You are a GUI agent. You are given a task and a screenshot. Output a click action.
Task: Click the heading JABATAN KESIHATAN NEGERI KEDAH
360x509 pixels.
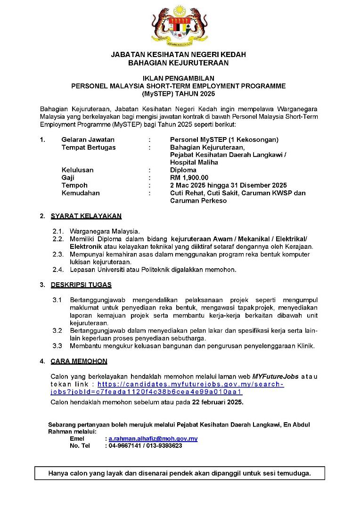tap(178, 55)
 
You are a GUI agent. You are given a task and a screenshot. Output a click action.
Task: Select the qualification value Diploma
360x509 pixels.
tap(183, 170)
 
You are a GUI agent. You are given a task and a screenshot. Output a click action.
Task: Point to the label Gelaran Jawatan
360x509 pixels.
tap(88, 140)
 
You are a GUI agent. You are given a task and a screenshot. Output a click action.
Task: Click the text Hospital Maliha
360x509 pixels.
tap(194, 162)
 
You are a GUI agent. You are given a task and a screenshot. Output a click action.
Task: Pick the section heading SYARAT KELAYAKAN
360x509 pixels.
tap(86, 216)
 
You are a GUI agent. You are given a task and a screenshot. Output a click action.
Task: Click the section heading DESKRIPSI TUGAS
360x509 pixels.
tap(81, 285)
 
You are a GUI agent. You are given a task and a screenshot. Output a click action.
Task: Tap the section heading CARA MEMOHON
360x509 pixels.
tap(79, 361)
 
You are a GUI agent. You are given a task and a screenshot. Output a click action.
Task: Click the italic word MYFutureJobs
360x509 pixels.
tap(274, 377)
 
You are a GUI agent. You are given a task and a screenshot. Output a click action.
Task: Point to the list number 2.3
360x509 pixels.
tap(57, 254)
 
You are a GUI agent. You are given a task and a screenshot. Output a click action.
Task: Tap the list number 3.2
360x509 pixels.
tap(57, 331)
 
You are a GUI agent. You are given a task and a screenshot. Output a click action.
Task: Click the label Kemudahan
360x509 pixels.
tap(81, 193)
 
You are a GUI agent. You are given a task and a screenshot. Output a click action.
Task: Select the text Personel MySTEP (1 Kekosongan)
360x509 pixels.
tap(224, 140)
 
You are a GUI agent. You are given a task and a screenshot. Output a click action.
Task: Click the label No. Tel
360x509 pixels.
tap(80, 445)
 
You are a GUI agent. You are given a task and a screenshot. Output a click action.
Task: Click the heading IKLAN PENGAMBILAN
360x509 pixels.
tap(178, 78)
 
